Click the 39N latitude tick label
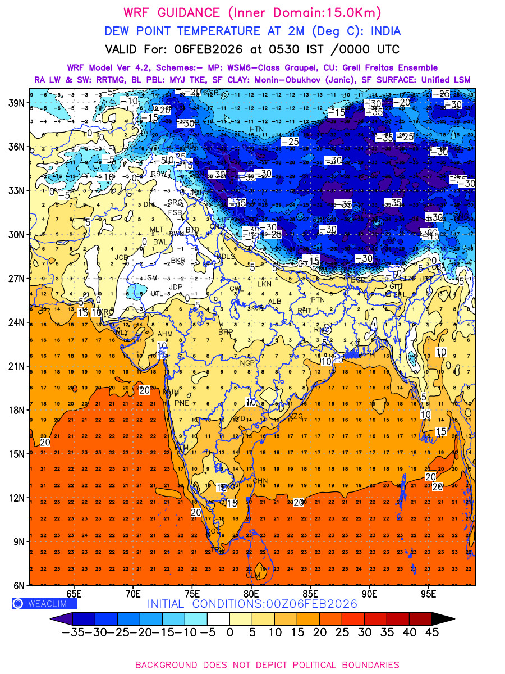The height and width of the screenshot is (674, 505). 16,103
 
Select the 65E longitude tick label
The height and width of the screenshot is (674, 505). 74,594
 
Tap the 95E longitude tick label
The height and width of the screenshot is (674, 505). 429,594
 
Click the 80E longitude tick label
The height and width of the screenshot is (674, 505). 251,594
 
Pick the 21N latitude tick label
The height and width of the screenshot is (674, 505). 16,366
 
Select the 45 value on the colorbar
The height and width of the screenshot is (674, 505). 430,632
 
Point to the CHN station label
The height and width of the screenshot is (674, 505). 260,481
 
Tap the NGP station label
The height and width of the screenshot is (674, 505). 247,363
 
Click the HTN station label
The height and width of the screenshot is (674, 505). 256,130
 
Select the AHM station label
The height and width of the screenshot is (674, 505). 165,334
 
